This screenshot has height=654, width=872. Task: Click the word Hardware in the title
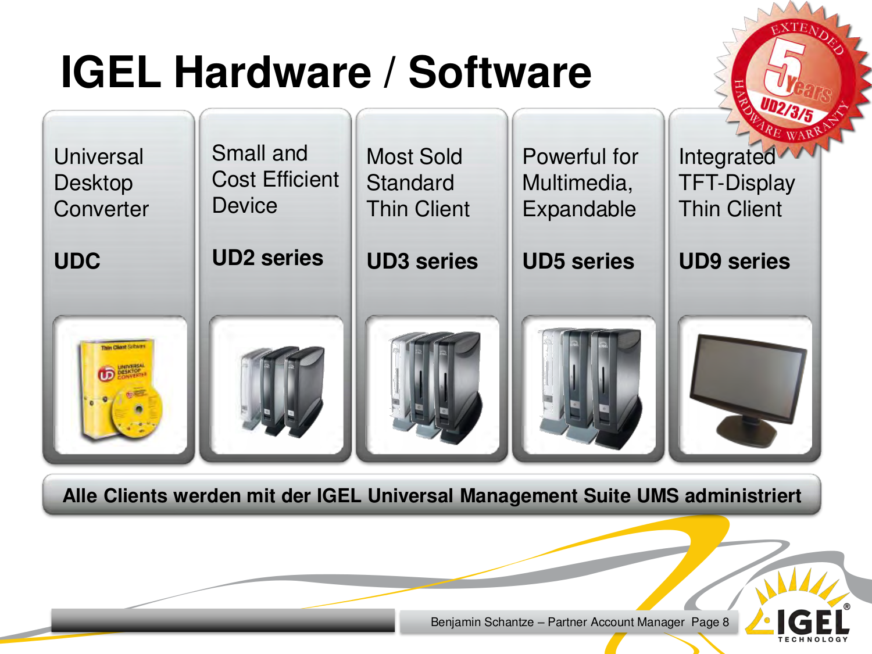click(x=272, y=72)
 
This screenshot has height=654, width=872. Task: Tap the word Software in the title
click(x=499, y=72)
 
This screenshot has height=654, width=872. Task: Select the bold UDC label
click(x=77, y=261)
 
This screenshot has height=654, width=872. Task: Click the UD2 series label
click(x=267, y=258)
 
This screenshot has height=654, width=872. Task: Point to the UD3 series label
click(x=422, y=261)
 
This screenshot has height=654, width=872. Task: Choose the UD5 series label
click(x=578, y=261)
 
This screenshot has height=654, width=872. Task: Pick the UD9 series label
click(x=734, y=261)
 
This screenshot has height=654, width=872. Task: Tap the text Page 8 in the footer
click(x=710, y=622)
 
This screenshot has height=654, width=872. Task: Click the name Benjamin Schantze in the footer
click(x=482, y=622)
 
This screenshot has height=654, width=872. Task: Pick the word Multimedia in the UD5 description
click(x=577, y=183)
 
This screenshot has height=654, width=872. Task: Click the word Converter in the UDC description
click(x=101, y=209)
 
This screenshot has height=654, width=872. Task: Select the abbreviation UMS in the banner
click(x=657, y=496)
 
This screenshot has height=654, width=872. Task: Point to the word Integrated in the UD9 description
click(x=727, y=157)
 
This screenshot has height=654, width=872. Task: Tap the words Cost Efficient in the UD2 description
click(x=275, y=180)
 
